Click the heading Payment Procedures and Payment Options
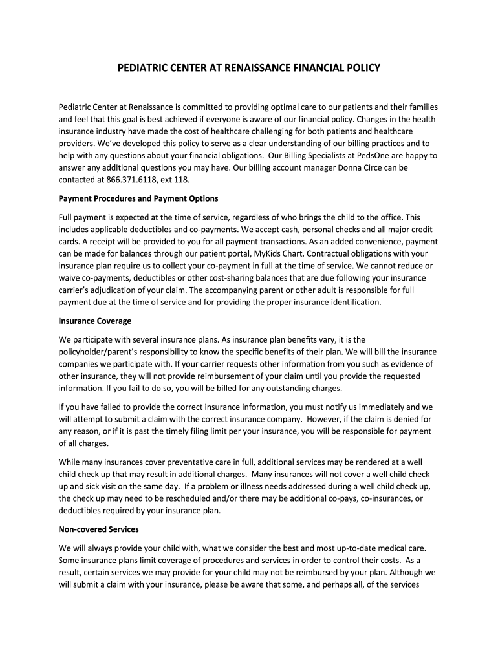pos(138,198)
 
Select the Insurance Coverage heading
pos(95,321)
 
